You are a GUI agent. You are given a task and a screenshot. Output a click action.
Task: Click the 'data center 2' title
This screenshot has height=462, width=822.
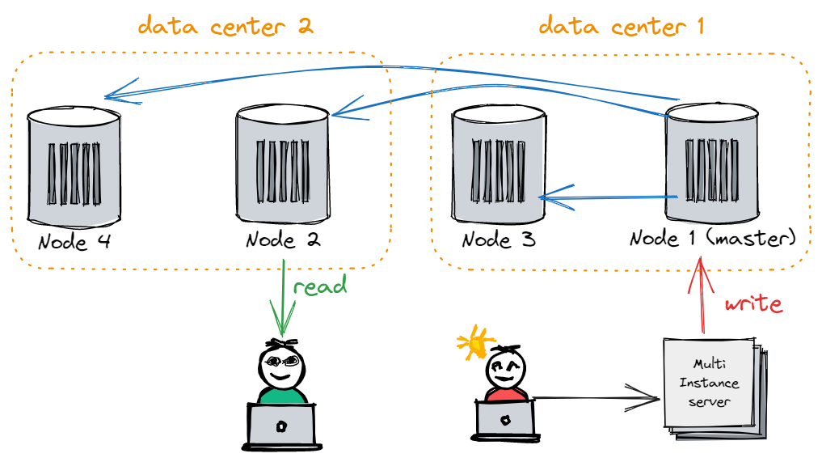coord(225,26)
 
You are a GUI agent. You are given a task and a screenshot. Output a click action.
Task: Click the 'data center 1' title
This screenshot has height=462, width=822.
coord(622,26)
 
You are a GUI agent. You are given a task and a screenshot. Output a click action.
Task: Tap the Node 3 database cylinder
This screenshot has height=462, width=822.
coord(496,166)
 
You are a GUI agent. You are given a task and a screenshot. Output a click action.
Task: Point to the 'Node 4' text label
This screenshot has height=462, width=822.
coord(74,241)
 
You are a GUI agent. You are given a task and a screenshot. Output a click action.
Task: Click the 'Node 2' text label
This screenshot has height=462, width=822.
coord(283,240)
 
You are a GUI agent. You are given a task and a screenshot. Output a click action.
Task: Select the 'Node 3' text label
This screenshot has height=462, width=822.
coord(499,240)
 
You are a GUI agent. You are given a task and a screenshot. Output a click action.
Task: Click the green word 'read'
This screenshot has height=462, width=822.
coord(320,286)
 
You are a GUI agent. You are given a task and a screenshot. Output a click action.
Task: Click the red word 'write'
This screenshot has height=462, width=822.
coord(753,303)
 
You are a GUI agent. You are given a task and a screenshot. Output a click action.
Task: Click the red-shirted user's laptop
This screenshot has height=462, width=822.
coord(504,420)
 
